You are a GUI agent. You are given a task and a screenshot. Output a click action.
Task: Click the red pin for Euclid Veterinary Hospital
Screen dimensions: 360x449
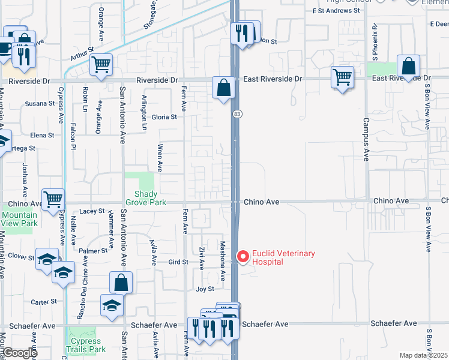(243, 257)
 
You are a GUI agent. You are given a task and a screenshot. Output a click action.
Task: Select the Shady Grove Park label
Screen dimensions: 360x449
(146, 198)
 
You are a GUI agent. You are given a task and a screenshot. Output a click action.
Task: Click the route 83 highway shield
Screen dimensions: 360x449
(238, 113)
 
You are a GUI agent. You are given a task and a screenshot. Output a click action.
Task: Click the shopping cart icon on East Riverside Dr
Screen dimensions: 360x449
(342, 77)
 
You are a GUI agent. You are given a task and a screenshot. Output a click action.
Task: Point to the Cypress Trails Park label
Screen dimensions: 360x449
(88, 345)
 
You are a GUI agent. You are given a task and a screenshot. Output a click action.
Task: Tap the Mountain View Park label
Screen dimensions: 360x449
(19, 219)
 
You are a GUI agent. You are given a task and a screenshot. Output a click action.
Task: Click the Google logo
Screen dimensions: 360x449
(19, 353)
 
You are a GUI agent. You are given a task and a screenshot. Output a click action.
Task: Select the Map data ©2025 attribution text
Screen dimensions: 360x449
(423, 355)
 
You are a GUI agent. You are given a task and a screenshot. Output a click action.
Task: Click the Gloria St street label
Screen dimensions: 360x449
(164, 117)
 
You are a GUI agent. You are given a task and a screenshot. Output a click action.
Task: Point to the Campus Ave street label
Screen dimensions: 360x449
(366, 139)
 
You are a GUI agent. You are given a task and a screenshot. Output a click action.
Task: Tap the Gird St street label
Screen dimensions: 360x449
(178, 262)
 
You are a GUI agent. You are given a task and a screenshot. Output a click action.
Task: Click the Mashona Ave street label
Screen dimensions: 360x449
(222, 260)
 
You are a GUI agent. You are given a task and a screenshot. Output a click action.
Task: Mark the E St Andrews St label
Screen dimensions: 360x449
(332, 11)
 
